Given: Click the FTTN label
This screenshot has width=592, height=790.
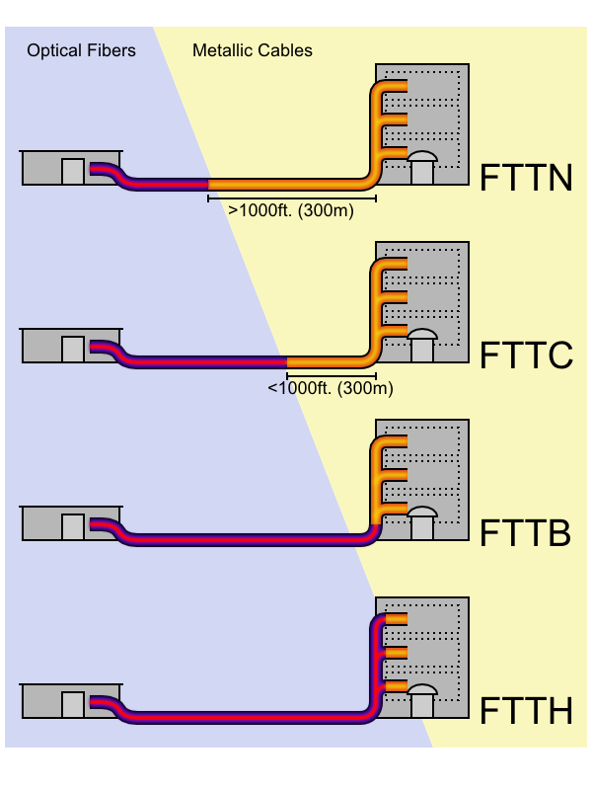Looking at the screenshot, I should tap(526, 178).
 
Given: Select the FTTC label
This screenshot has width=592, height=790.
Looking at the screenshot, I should tap(526, 355).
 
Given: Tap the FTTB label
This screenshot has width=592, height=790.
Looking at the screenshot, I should tap(525, 533).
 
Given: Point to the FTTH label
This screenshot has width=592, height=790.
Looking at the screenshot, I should tap(526, 711).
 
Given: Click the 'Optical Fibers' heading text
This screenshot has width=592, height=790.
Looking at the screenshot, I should tap(81, 50).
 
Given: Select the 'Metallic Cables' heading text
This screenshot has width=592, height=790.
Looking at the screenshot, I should tap(253, 50).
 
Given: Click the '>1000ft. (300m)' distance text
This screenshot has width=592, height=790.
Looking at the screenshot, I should tap(291, 210).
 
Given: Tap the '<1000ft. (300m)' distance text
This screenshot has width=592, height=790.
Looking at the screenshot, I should tap(331, 388).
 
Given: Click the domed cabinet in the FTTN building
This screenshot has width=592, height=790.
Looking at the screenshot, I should tap(422, 167).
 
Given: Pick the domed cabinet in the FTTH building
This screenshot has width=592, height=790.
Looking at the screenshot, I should tap(422, 700).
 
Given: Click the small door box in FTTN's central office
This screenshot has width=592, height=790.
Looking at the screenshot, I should tap(73, 171).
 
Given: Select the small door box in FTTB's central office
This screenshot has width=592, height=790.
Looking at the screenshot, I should tap(73, 526).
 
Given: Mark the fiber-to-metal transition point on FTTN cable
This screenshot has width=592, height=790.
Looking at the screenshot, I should tap(209, 184).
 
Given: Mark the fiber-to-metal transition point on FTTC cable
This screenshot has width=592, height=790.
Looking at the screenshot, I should tap(287, 361).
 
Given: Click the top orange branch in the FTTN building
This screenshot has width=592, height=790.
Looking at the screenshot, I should tap(395, 87).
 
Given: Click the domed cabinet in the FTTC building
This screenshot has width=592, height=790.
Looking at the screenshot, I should tap(422, 345).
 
